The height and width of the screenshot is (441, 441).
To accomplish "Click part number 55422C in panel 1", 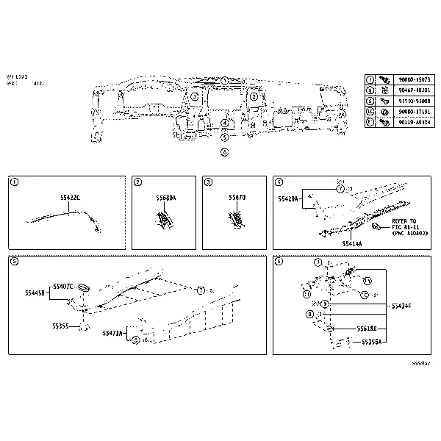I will coord(71,198).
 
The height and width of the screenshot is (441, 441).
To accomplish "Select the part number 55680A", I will coord(166,198).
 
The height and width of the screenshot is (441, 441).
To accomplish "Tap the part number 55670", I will coord(237,198).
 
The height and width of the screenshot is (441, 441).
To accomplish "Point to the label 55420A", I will coord(289,198).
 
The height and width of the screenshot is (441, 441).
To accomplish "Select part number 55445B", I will coord(36,292).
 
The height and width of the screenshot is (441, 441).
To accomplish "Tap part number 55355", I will coord(61,326).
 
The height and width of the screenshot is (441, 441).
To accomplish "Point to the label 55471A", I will coord(113,333).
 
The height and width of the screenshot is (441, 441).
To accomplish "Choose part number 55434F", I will coord(401,305).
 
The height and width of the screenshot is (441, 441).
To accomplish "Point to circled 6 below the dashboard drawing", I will coord(224,153).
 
